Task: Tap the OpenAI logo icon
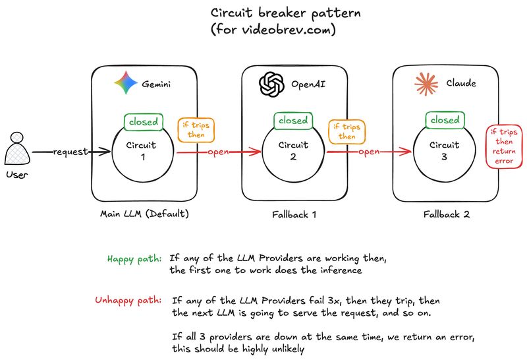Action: [271, 84]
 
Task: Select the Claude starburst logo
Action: [426, 84]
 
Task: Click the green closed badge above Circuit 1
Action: [143, 121]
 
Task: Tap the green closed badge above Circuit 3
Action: [445, 121]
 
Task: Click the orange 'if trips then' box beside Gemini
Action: [195, 131]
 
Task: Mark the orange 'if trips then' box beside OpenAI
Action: [347, 131]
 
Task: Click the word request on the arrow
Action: [71, 152]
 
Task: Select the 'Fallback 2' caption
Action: [446, 214]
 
